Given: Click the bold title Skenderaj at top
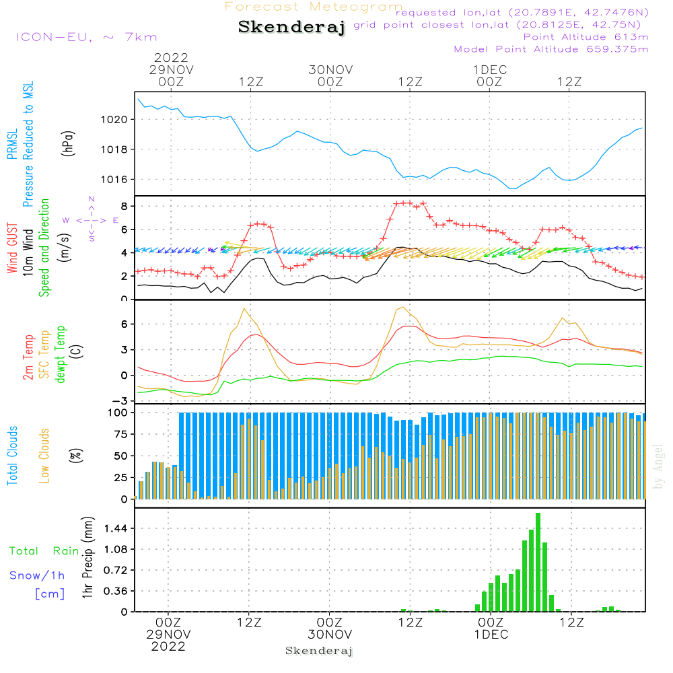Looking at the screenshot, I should pyautogui.click(x=291, y=28).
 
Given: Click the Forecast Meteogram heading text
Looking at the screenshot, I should pyautogui.click(x=314, y=7).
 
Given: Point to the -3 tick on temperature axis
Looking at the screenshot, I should pyautogui.click(x=122, y=401).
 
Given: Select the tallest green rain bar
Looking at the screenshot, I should pyautogui.click(x=538, y=562).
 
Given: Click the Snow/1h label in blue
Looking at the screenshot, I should pyautogui.click(x=38, y=575).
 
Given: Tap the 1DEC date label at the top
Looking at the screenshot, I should pyautogui.click(x=490, y=69).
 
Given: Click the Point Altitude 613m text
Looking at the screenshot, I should pyautogui.click(x=586, y=37).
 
